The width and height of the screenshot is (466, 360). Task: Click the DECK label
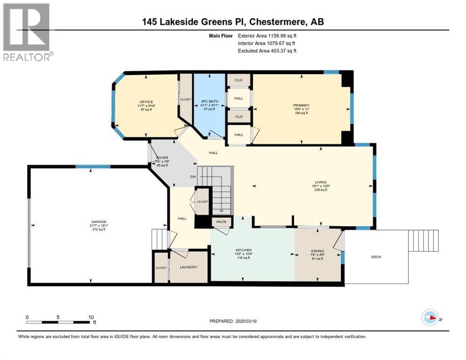376,256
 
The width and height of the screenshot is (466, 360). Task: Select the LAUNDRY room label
188,267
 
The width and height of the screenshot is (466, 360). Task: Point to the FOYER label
162,158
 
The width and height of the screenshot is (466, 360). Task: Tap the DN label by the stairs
192,177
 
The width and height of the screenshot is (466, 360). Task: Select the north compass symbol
430,318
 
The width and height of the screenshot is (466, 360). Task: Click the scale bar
59,322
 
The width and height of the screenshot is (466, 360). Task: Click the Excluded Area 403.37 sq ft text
267,51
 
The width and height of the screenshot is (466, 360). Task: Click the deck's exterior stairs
423,241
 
